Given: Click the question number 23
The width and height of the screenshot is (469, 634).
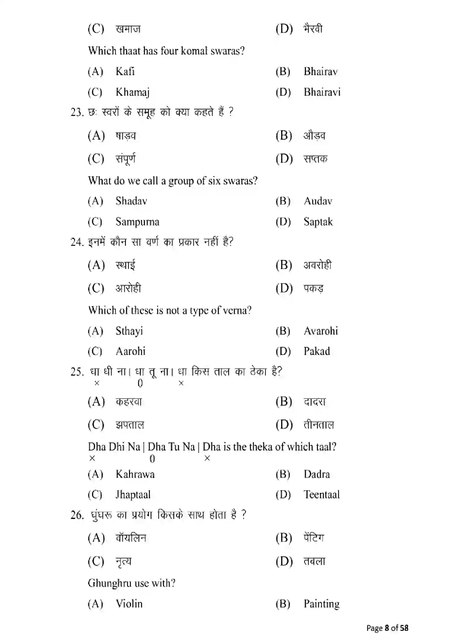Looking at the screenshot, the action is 77,112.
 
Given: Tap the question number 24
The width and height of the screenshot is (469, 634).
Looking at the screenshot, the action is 77,242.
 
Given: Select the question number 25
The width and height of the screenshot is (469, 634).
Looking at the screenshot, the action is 77,372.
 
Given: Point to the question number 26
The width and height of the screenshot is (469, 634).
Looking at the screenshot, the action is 77,515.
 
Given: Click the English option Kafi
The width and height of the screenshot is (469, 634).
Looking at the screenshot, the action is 125,71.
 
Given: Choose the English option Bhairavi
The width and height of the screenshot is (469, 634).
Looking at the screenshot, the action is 322,92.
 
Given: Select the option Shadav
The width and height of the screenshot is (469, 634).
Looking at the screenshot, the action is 131,201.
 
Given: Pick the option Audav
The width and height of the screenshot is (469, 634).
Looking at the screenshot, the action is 318,201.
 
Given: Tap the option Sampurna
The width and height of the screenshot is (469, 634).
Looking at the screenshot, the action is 137,222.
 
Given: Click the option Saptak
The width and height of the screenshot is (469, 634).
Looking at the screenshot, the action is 318,222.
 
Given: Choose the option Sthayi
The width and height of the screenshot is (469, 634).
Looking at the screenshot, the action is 129,331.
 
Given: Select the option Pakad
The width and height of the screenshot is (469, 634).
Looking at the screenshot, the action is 317,351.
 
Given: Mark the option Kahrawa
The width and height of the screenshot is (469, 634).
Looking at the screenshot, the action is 135,474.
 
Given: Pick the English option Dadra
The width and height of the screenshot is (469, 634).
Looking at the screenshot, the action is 317,474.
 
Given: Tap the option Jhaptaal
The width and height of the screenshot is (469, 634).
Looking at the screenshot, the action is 133,495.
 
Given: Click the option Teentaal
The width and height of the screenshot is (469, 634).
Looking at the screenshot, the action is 322,495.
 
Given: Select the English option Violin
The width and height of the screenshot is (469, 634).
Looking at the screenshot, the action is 129,604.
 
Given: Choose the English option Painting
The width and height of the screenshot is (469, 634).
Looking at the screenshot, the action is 322,604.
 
